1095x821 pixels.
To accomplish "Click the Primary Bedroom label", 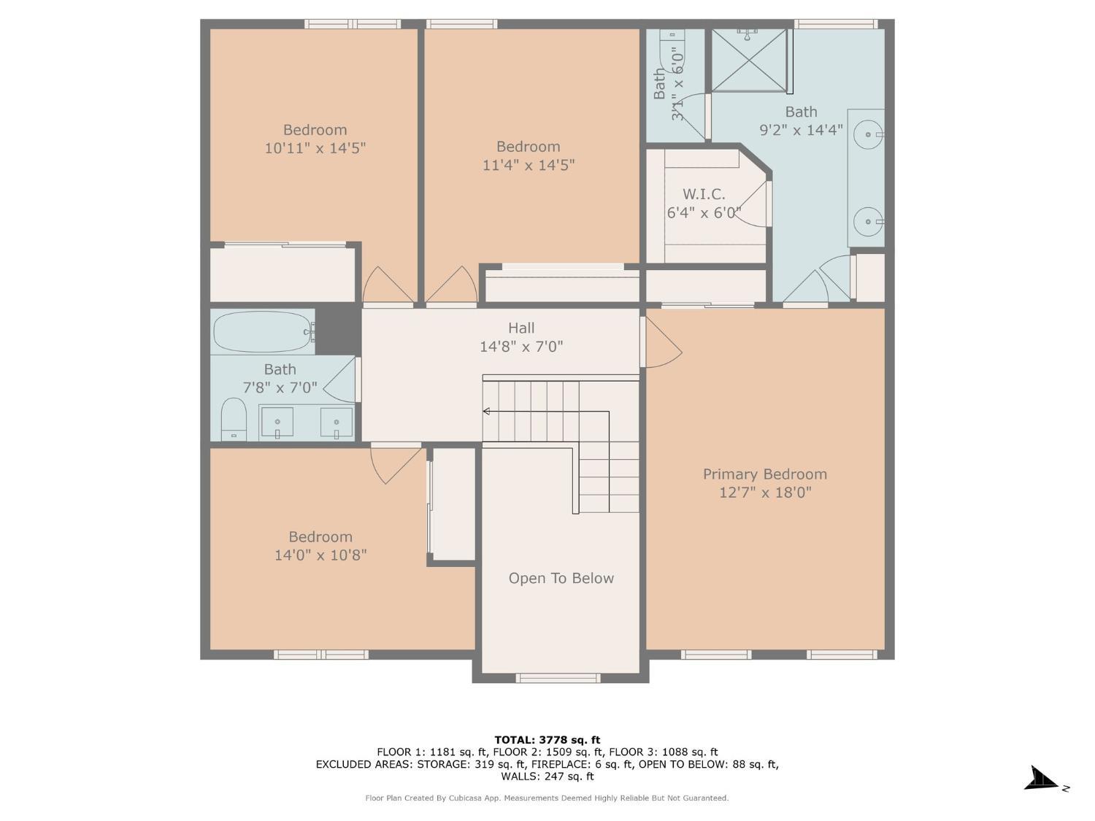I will pyautogui.click(x=764, y=474).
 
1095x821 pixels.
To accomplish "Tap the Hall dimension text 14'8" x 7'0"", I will pyautogui.click(x=521, y=347).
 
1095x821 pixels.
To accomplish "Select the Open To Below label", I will pyautogui.click(x=561, y=579).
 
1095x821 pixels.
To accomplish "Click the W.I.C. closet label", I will pyautogui.click(x=704, y=195).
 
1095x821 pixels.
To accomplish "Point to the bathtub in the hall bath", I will pyautogui.click(x=264, y=332).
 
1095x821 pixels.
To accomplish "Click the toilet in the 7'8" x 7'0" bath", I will pyautogui.click(x=234, y=419).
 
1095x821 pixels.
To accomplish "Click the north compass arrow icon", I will pyautogui.click(x=1042, y=779).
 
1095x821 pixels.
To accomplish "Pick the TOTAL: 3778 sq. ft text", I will pyautogui.click(x=547, y=740).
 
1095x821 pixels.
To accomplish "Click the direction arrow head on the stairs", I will pyautogui.click(x=486, y=412).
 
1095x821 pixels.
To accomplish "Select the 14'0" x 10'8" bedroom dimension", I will pyautogui.click(x=320, y=555).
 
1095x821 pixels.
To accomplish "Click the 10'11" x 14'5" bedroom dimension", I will pyautogui.click(x=315, y=148).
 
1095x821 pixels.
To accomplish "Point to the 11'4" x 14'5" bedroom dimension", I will pyautogui.click(x=529, y=165).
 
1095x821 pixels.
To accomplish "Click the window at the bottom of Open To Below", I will pyautogui.click(x=558, y=678).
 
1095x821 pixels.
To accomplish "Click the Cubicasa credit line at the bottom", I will pyautogui.click(x=547, y=798).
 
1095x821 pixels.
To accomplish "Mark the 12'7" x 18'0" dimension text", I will pyautogui.click(x=765, y=493).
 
